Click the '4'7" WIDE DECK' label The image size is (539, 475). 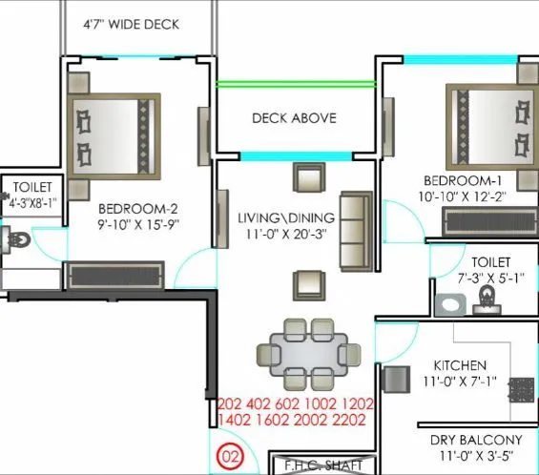pyautogui.click(x=130, y=25)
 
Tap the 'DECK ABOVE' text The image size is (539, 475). pyautogui.click(x=294, y=118)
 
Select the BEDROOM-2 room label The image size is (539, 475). pyautogui.click(x=138, y=208)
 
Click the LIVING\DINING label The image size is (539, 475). pyautogui.click(x=282, y=218)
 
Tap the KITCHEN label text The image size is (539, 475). pyautogui.click(x=460, y=365)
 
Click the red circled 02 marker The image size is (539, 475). pyautogui.click(x=230, y=456)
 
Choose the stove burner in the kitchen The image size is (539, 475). pyautogui.click(x=521, y=391)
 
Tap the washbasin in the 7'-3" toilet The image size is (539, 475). pyautogui.click(x=486, y=302)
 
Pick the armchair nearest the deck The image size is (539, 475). pyautogui.click(x=308, y=178)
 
